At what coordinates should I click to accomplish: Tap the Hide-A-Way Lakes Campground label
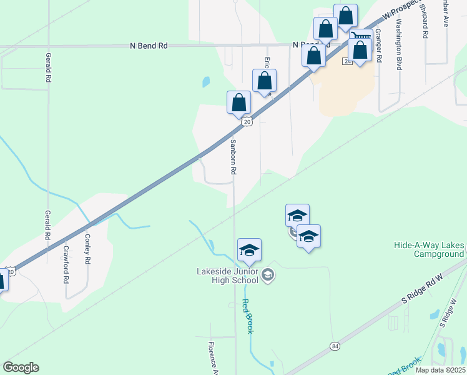click(429, 250)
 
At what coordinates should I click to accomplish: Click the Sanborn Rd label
click(233, 157)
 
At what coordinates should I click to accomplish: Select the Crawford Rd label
click(66, 264)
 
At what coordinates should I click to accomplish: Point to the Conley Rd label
click(88, 248)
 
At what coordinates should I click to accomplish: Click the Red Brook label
click(247, 316)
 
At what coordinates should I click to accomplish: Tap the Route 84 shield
click(335, 346)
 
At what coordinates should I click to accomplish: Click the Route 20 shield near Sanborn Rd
click(247, 122)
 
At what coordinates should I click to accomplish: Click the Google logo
click(21, 367)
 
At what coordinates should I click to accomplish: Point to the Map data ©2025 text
click(440, 370)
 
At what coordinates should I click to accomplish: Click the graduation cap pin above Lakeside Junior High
click(249, 251)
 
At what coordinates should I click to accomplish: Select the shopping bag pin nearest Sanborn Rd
click(238, 103)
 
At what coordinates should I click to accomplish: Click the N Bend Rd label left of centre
click(149, 46)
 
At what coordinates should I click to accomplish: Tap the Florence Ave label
click(212, 358)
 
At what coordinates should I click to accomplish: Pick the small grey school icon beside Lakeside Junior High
click(268, 275)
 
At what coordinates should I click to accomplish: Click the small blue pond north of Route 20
click(205, 82)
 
